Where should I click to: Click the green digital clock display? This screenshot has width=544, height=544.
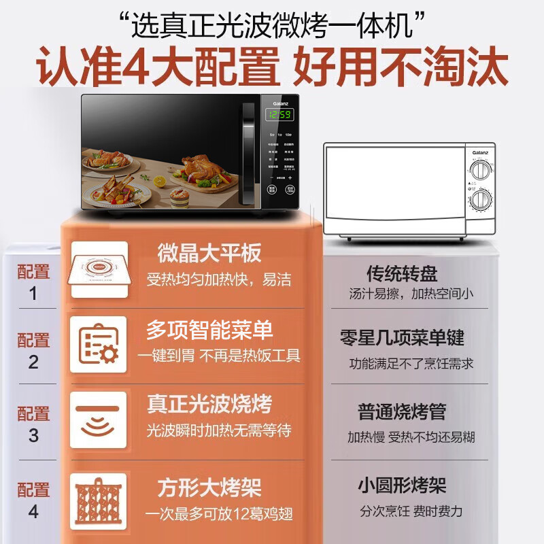279,115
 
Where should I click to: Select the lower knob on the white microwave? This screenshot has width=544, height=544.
481,199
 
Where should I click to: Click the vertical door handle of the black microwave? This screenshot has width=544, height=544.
249,153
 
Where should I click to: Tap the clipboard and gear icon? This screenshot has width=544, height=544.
99,345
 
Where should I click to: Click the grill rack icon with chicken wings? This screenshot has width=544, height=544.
99,496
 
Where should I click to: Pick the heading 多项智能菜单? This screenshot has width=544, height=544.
209,330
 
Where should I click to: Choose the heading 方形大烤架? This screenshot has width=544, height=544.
209,488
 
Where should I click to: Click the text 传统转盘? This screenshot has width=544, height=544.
402,273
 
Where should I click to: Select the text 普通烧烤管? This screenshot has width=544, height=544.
402,411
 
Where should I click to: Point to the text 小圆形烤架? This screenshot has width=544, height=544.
402,486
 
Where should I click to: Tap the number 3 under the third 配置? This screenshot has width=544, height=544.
33,436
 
